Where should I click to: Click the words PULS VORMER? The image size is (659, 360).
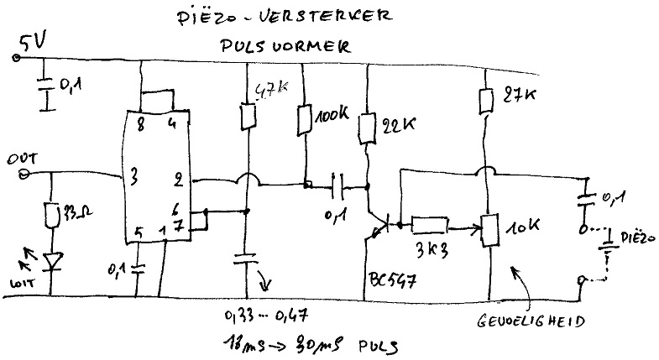click(x=290, y=48)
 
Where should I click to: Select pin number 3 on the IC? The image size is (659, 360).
click(x=132, y=178)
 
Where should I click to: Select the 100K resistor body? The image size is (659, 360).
click(x=304, y=118)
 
